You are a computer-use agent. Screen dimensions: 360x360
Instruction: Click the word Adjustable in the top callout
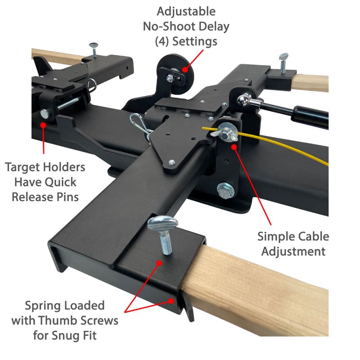click(186, 12)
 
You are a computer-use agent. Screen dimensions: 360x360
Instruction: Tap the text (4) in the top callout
click(162, 42)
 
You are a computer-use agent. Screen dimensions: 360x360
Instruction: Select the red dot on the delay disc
click(185, 69)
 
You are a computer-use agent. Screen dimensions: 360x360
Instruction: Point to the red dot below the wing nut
click(234, 147)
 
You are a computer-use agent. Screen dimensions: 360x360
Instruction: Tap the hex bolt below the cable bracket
click(226, 190)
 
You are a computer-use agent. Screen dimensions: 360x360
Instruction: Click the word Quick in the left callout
click(60, 183)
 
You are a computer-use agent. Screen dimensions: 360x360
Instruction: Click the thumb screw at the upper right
click(283, 63)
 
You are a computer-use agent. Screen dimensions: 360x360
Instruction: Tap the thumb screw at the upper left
click(94, 50)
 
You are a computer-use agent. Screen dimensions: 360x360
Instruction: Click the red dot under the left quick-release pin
click(43, 125)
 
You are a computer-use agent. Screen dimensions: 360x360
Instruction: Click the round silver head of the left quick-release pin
click(45, 114)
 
